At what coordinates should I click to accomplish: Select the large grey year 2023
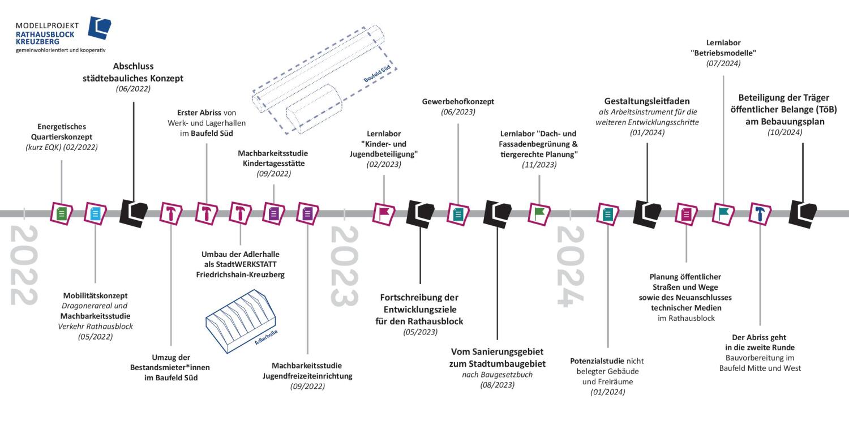click(344, 266)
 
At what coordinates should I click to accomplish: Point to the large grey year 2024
click(570, 266)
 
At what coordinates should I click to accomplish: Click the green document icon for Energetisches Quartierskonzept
click(62, 213)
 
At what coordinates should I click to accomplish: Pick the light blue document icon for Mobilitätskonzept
click(95, 213)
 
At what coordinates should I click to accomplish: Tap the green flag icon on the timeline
click(539, 213)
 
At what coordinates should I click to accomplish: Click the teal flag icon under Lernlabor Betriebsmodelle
click(723, 213)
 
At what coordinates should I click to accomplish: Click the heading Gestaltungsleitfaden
click(646, 101)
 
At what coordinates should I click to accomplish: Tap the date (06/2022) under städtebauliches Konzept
click(133, 89)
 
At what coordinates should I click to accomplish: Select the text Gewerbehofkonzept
click(458, 101)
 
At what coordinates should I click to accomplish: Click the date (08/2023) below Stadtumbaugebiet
click(497, 385)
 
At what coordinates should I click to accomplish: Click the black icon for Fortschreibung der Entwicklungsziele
click(420, 213)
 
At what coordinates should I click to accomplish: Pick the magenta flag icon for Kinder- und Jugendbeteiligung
click(384, 213)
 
